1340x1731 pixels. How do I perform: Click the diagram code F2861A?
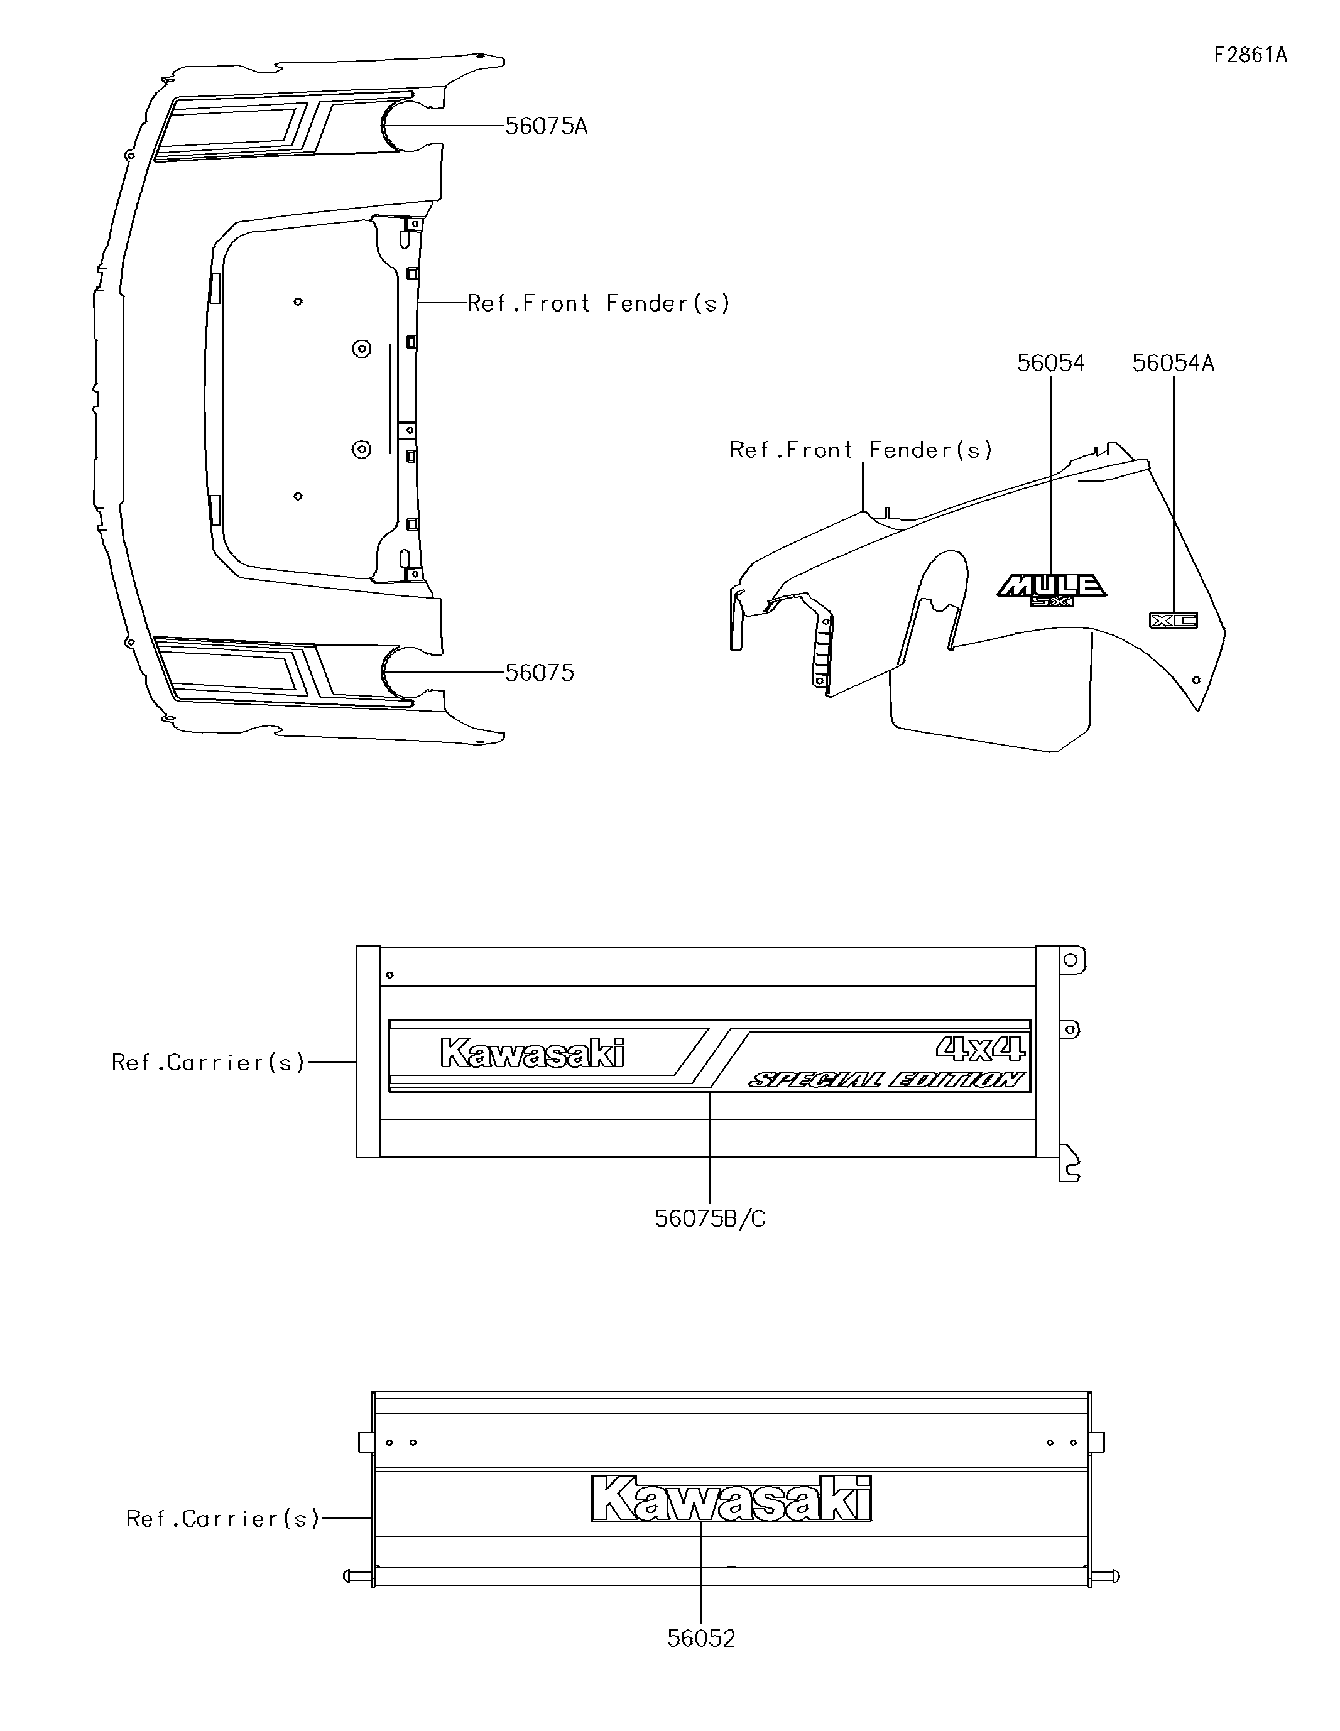[x=1250, y=55]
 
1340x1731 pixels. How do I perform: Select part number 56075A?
[x=547, y=126]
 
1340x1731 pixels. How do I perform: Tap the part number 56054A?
[x=1173, y=363]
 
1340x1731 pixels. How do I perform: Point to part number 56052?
[x=701, y=1638]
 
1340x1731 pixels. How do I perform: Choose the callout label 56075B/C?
[x=710, y=1218]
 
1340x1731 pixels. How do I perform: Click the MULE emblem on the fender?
[x=1050, y=587]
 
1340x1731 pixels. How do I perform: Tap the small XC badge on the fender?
[x=1174, y=620]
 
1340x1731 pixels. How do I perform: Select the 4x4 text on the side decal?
[x=980, y=1049]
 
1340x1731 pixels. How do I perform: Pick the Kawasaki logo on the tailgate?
[x=731, y=1499]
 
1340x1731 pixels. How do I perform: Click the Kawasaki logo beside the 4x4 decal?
[x=532, y=1053]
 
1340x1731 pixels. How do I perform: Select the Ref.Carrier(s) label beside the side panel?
[x=208, y=1062]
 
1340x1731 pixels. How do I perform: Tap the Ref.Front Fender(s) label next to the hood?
[x=598, y=303]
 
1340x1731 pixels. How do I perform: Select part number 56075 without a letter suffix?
[x=539, y=673]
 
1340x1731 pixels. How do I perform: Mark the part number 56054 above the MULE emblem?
[x=1050, y=363]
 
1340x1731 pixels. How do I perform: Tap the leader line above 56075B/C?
[x=710, y=1149]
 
